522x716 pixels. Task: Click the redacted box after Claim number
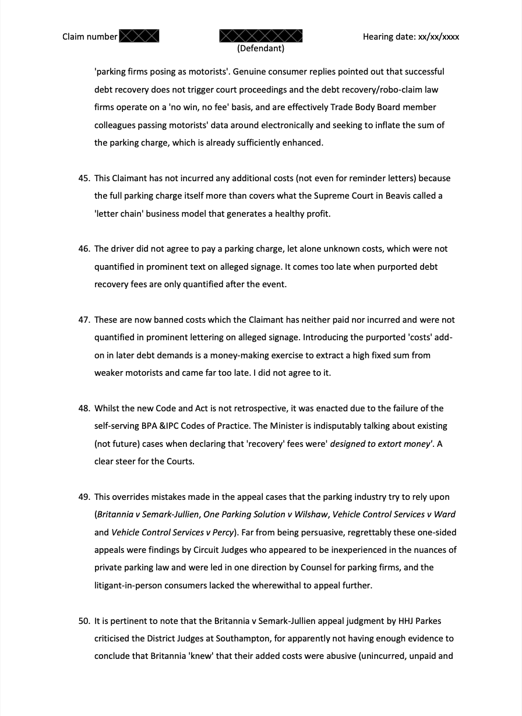coord(139,37)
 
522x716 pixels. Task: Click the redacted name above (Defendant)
coord(261,36)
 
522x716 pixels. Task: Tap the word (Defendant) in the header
coord(260,48)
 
